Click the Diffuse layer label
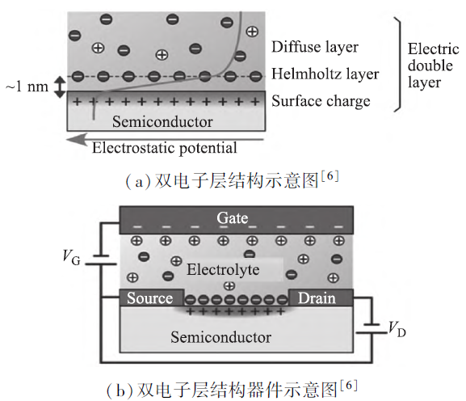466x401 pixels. [315, 47]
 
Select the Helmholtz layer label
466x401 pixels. [325, 74]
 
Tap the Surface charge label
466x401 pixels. [321, 101]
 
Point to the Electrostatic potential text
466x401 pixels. [164, 148]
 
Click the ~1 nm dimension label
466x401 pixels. [27, 87]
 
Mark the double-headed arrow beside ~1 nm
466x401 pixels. [60, 87]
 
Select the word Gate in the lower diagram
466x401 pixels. [233, 217]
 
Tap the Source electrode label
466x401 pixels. [149, 298]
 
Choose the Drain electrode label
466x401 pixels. [317, 298]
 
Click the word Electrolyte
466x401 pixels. [223, 269]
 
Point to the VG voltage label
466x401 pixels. [71, 257]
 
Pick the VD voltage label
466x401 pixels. [397, 329]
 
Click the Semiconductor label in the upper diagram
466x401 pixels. [162, 121]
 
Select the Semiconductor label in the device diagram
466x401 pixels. [220, 337]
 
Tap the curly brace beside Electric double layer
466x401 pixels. [399, 64]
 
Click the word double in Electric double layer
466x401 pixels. [430, 65]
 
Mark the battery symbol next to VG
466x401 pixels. [101, 260]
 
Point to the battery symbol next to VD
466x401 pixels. [372, 328]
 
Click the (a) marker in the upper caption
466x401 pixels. [138, 182]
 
